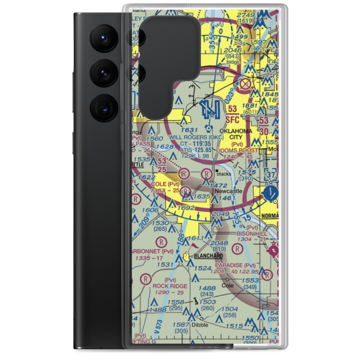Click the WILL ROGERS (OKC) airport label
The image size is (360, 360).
point(196,137)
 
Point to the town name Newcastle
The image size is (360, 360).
point(229,191)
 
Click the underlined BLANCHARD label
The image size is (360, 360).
point(208,256)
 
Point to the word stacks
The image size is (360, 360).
point(224,174)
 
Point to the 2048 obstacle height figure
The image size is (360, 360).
point(220,243)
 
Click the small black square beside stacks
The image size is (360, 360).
point(217,170)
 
